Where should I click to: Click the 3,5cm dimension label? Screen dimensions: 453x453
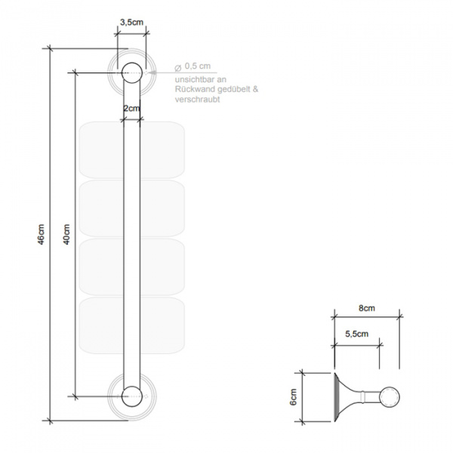click(x=131, y=22)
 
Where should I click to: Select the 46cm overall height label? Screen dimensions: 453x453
click(x=42, y=234)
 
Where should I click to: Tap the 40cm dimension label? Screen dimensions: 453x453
click(x=66, y=234)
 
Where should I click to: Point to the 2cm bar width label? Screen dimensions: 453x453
click(x=131, y=108)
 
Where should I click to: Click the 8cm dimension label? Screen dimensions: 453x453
click(x=367, y=308)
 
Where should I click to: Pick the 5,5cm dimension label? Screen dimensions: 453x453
click(x=357, y=334)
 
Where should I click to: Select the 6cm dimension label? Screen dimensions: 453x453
click(x=293, y=397)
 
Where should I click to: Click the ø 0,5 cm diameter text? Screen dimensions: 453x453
click(x=193, y=66)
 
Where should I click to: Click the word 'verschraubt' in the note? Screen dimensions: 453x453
click(x=198, y=99)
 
